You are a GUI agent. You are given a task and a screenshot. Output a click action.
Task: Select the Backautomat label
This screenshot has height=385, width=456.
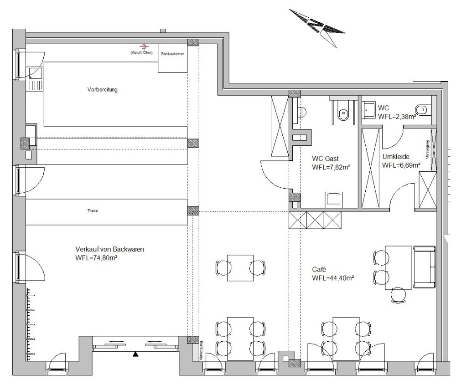pyautogui.click(x=173, y=54)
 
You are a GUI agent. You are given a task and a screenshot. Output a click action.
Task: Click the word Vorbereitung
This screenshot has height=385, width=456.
pyautogui.click(x=103, y=90)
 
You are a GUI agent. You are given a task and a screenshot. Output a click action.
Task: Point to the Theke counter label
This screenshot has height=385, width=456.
pyautogui.click(x=93, y=211)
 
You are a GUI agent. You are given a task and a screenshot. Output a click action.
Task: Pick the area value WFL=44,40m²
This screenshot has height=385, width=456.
pyautogui.click(x=333, y=277)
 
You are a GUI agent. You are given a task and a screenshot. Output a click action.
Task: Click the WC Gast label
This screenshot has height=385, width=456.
pyautogui.click(x=325, y=159)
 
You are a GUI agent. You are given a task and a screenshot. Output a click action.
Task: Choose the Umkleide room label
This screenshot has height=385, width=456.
pyautogui.click(x=396, y=157)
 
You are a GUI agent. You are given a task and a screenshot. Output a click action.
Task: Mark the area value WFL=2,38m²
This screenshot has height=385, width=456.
pyautogui.click(x=397, y=117)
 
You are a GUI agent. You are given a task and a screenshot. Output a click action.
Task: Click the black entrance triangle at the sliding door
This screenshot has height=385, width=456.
pyautogui.click(x=135, y=354)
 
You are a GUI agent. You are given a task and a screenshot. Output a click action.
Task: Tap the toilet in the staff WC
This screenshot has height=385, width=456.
pyautogui.click(x=422, y=109)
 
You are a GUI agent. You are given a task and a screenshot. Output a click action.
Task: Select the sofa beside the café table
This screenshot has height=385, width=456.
pyautogui.click(x=425, y=267)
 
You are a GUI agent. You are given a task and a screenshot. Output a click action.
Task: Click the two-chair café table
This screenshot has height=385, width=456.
pyautogui.click(x=240, y=267)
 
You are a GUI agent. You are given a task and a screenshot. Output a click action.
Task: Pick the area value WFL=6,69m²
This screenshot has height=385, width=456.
pyautogui.click(x=401, y=165)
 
